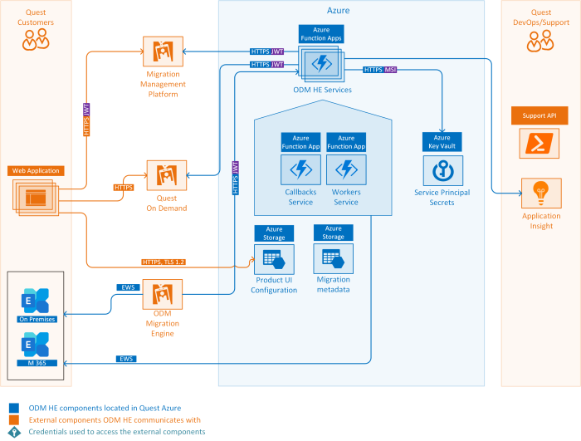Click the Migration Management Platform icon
(x=163, y=53)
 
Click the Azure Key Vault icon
(x=442, y=170)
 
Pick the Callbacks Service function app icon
(x=300, y=170)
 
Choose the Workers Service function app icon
(x=345, y=170)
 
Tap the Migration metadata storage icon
(x=333, y=260)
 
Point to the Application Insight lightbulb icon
(x=541, y=194)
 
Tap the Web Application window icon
(x=36, y=196)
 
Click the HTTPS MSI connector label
(x=379, y=70)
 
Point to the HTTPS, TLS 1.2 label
(x=164, y=262)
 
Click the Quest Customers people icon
(x=36, y=39)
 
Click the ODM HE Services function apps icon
(x=320, y=63)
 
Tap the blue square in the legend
(x=12, y=408)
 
